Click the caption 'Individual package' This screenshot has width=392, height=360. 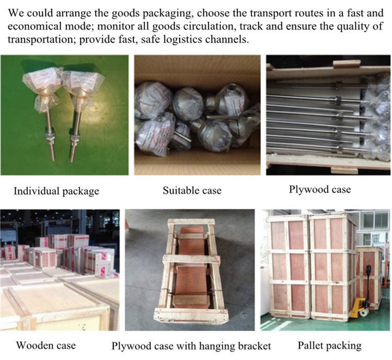[56, 191]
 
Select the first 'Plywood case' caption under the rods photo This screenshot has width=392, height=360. [320, 189]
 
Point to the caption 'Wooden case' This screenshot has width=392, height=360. [46, 345]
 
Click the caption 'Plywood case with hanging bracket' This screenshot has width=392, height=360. [191, 346]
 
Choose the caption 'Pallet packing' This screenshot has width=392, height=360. [329, 345]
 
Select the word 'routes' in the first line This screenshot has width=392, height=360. [286, 12]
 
